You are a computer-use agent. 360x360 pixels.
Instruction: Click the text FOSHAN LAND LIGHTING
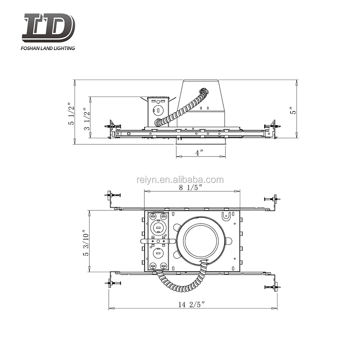(x=48, y=48)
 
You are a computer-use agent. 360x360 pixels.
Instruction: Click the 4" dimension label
(x=200, y=152)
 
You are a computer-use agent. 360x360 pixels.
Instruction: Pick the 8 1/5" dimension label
(x=192, y=187)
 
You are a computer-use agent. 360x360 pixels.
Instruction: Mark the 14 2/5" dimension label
(x=193, y=304)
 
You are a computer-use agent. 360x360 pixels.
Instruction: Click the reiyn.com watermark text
(x=180, y=180)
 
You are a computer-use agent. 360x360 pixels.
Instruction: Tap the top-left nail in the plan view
(x=113, y=195)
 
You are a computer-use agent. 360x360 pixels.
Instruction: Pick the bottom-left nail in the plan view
(x=113, y=283)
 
